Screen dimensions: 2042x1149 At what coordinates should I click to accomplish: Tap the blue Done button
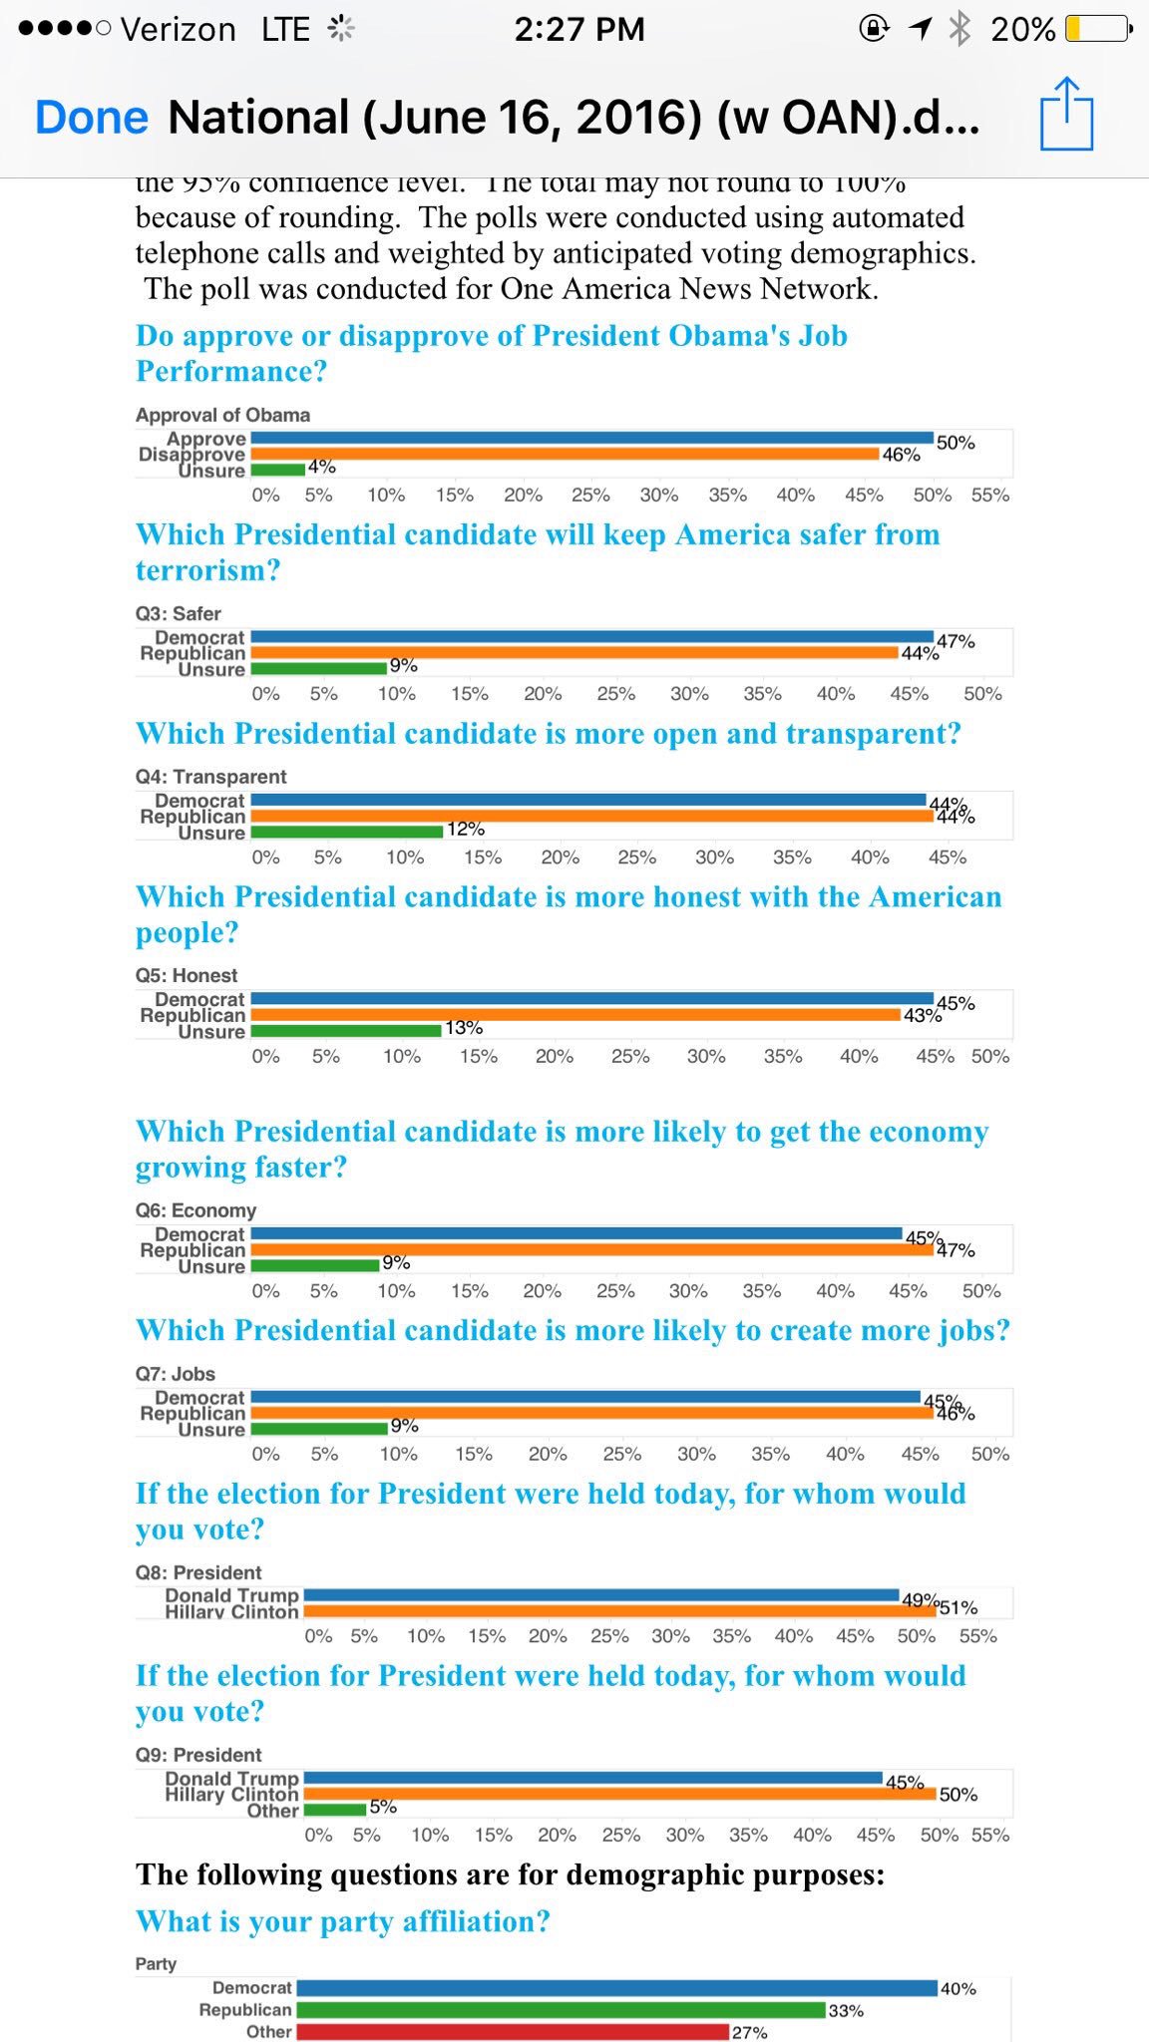pyautogui.click(x=92, y=118)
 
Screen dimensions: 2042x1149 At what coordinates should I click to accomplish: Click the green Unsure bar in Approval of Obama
pyautogui.click(x=278, y=469)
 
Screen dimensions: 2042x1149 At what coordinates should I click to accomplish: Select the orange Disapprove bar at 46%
pyautogui.click(x=565, y=454)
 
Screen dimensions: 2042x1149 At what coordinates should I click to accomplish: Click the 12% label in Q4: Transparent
pyautogui.click(x=466, y=830)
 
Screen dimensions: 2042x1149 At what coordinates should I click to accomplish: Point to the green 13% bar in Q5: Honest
pyautogui.click(x=346, y=1030)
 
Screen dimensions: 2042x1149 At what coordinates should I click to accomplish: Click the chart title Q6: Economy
pyautogui.click(x=195, y=1210)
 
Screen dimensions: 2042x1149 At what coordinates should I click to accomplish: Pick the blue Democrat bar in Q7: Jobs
pyautogui.click(x=585, y=1397)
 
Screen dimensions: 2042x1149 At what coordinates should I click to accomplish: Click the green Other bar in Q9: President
pyautogui.click(x=335, y=1810)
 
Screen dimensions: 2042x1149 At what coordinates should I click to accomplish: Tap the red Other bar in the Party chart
pyautogui.click(x=513, y=2031)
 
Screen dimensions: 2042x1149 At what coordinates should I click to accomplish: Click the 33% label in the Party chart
pyautogui.click(x=846, y=2011)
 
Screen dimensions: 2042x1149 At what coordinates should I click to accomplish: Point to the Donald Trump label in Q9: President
pyautogui.click(x=231, y=1779)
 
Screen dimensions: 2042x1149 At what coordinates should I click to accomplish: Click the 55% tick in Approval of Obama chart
pyautogui.click(x=990, y=496)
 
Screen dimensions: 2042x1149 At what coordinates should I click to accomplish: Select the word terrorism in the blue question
pyautogui.click(x=207, y=570)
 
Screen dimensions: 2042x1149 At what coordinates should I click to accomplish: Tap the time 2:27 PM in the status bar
pyautogui.click(x=579, y=29)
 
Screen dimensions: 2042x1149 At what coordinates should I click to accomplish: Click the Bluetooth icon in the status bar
pyautogui.click(x=958, y=29)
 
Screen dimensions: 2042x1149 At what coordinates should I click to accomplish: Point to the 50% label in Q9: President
pyautogui.click(x=957, y=1795)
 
